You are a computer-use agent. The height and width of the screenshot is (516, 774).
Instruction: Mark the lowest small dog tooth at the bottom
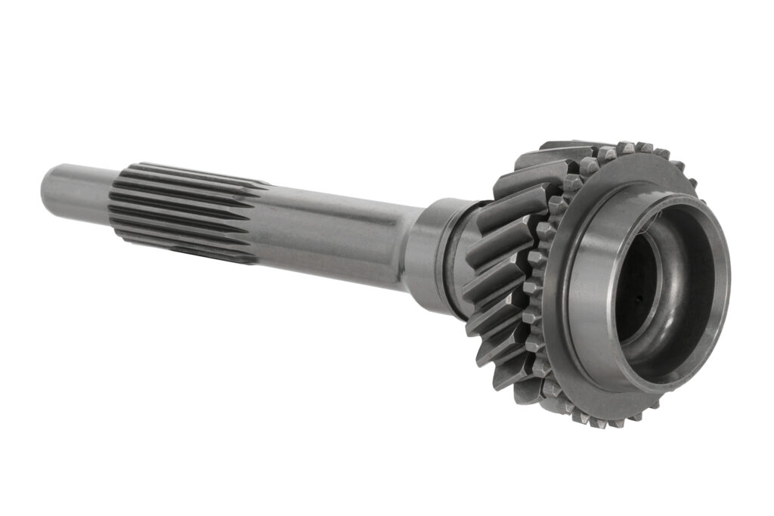pos(597,422)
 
